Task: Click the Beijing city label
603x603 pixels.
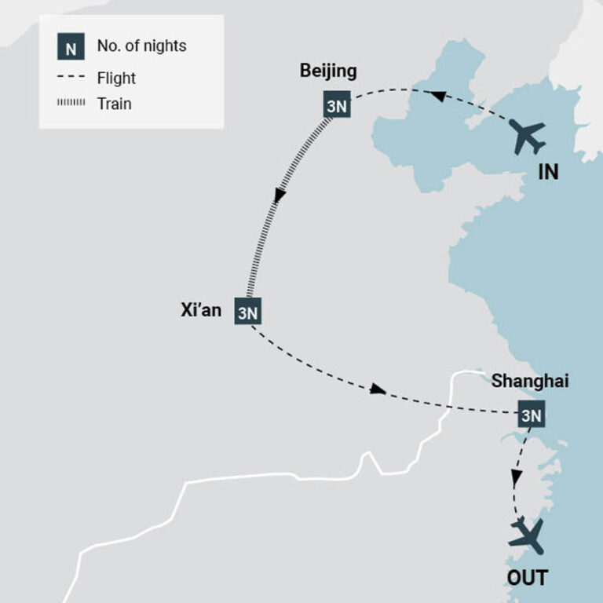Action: pos(327,71)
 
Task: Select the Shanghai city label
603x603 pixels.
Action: pos(530,382)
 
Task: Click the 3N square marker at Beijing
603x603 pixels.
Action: pos(336,105)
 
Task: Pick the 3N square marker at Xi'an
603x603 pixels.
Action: pos(247,312)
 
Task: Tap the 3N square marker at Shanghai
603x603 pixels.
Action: pos(531,415)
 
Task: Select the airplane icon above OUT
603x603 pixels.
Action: pos(525,537)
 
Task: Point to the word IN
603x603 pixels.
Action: pos(548,172)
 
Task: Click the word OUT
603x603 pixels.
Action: pos(527,579)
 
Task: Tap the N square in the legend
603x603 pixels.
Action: pos(71,48)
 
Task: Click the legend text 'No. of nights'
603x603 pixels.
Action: pos(141,46)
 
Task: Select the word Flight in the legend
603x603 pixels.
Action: pos(116,78)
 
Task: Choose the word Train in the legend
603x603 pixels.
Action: pos(114,104)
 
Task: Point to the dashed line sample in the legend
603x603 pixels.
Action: pos(71,78)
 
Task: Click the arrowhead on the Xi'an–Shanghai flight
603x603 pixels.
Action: pos(378,389)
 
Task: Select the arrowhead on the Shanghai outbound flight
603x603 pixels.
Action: pos(516,477)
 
